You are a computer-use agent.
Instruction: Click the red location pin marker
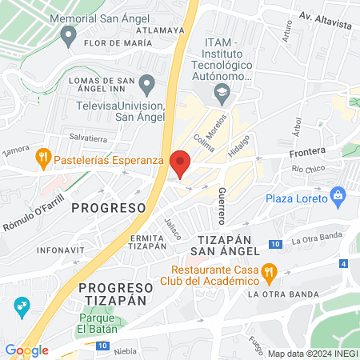click(x=181, y=163)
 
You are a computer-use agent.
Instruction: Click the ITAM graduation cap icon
click(x=222, y=95)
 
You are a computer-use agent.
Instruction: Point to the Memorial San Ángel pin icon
click(x=68, y=35)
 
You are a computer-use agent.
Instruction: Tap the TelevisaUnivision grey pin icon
click(x=146, y=83)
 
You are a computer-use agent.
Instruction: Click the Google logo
click(x=26, y=350)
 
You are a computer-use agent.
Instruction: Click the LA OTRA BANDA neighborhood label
click(x=281, y=294)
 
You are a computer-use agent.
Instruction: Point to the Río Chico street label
click(x=307, y=170)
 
